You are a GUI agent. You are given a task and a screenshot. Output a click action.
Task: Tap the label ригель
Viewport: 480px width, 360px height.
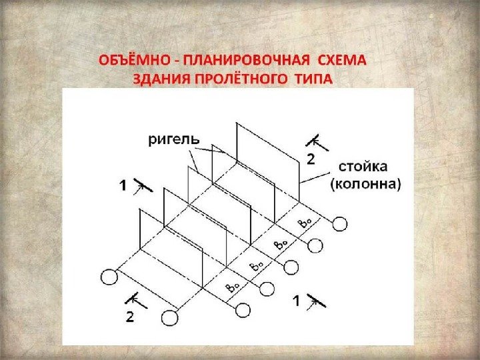pos(173,139)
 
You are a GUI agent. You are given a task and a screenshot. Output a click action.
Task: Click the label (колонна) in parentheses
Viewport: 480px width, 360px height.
pos(365,184)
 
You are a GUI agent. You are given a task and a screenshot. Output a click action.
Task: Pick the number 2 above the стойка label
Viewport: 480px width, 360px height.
pos(311,159)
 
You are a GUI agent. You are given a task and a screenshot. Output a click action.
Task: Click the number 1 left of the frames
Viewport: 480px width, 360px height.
pos(124,187)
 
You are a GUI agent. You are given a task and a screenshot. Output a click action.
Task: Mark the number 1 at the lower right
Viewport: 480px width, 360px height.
pos(297,302)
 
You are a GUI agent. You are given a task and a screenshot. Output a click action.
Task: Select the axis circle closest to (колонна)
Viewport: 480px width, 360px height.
pos(339,223)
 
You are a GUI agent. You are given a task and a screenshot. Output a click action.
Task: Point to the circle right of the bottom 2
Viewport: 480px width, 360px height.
pos(171,317)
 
